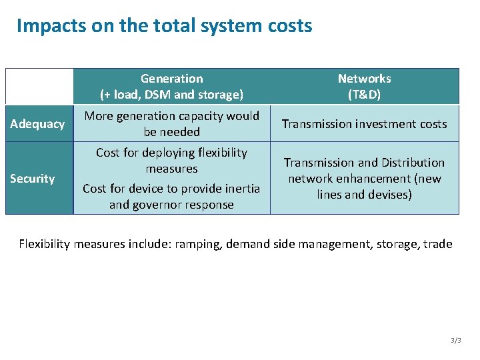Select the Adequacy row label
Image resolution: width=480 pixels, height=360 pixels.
[39, 123]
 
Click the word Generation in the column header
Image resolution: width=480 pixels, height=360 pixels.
[172, 79]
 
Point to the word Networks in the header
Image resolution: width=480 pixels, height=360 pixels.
[365, 79]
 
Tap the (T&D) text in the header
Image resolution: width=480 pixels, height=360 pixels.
[365, 95]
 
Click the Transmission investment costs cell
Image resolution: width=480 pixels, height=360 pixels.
[365, 123]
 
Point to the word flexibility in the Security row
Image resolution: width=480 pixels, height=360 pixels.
[217, 153]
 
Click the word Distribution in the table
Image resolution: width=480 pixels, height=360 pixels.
[413, 162]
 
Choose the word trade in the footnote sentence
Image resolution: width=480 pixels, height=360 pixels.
[437, 244]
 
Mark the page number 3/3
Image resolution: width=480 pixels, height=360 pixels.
[456, 340]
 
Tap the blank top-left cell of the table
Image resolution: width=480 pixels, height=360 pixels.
[39, 86]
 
